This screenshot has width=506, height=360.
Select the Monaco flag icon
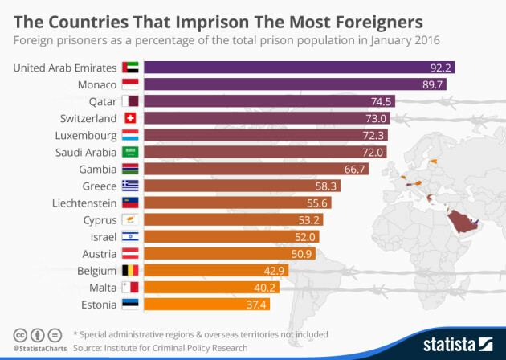coord(130,84)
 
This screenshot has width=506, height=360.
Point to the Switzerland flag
coord(130,118)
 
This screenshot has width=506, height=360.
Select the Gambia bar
coord(257,169)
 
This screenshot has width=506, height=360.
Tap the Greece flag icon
coord(130,186)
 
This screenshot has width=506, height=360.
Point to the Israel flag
coord(130,236)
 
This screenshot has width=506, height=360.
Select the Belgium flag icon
coord(130,271)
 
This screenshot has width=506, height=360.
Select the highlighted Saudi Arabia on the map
coord(462,219)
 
